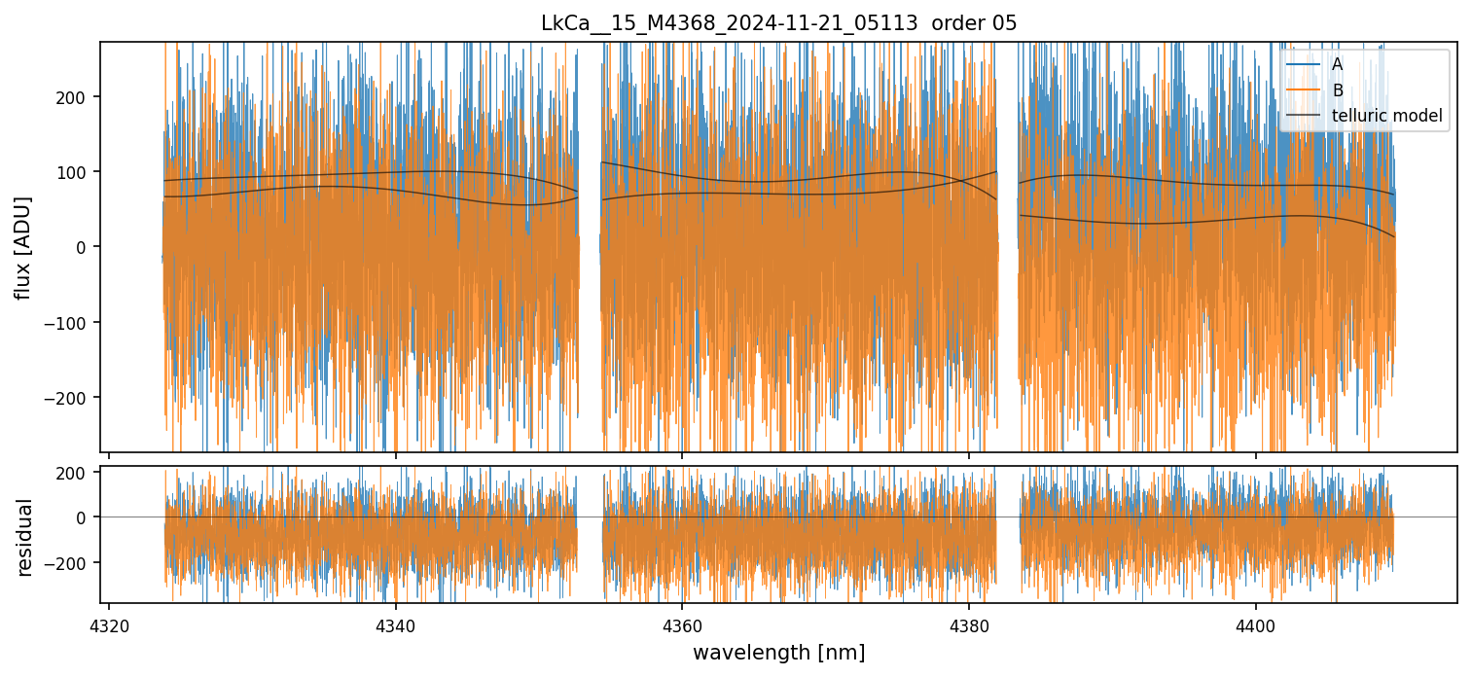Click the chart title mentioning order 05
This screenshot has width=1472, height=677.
point(778,23)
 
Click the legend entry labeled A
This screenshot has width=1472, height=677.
point(1337,64)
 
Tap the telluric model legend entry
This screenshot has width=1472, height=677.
point(1386,117)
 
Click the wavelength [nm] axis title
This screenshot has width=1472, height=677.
point(778,652)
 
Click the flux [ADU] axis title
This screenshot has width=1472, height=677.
point(23,247)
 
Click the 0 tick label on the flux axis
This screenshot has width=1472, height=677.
point(85,247)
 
